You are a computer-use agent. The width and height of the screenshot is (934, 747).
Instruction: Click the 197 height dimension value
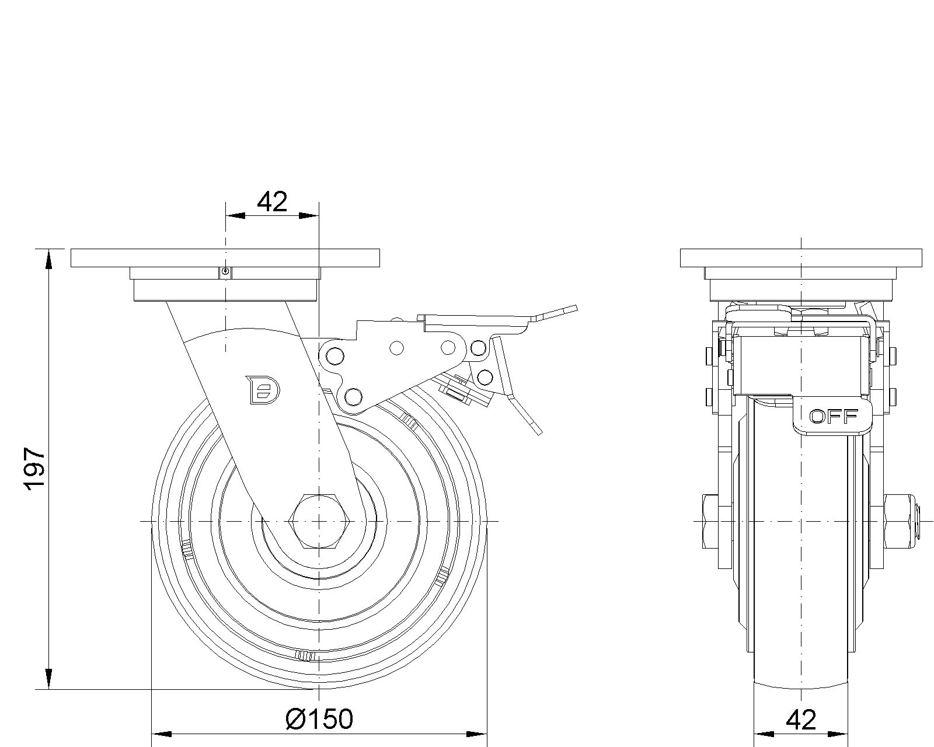pos(34,469)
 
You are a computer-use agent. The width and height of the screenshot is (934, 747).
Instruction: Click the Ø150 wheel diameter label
pos(319,719)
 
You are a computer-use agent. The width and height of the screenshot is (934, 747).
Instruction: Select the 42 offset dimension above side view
pos(272,201)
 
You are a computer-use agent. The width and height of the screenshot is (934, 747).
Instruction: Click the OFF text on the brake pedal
pos(834,417)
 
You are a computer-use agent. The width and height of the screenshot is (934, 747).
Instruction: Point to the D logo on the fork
pos(263,390)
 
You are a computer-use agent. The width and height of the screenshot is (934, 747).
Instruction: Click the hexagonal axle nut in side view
pos(319,521)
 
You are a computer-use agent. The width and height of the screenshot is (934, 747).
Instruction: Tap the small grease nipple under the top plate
pos(225,272)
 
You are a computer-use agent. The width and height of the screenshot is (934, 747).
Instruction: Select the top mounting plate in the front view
pos(801,258)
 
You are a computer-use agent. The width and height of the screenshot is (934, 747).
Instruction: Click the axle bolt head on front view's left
pos(710,521)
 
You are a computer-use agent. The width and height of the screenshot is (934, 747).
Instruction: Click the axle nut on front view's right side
pos(898,521)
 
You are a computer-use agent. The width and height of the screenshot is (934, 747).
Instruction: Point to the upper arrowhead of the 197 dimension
pos(48,259)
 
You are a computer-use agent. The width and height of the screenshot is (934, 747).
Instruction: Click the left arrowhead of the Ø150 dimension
pos(162,734)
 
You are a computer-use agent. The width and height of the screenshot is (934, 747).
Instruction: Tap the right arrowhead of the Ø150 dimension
pos(476,734)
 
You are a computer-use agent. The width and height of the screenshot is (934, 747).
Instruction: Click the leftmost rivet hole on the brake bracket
pos(334,357)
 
